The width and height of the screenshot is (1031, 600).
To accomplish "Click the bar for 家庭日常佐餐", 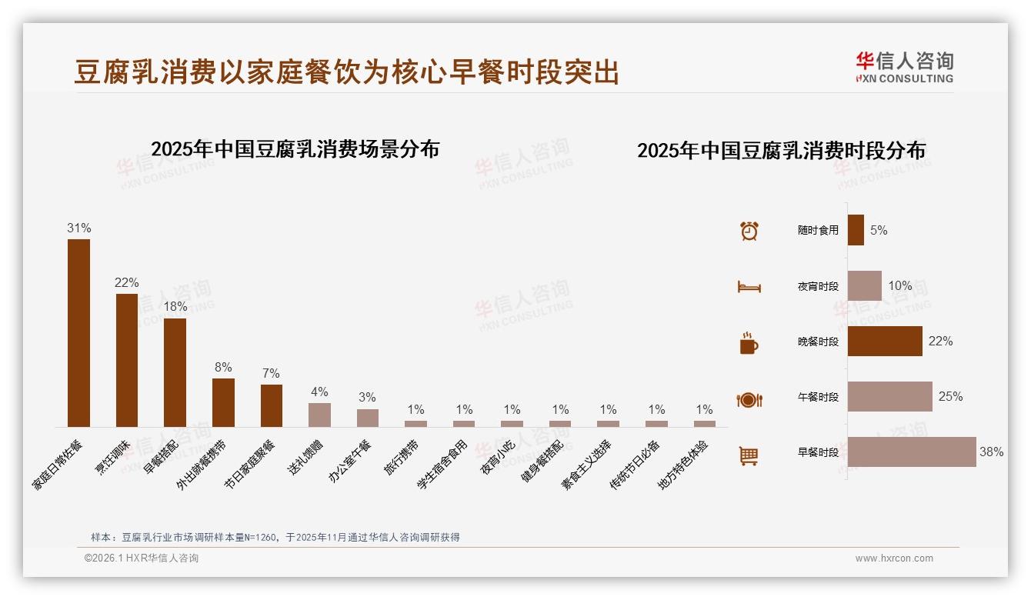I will tap(78, 332).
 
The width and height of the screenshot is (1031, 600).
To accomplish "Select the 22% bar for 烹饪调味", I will tap(127, 360).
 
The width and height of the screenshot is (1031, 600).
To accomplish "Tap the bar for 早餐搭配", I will tap(175, 372).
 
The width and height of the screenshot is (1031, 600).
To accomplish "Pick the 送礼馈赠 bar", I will tap(319, 415).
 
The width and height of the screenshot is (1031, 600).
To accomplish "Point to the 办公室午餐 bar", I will tap(368, 418).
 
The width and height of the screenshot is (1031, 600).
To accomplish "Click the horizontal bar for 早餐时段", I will tap(912, 452).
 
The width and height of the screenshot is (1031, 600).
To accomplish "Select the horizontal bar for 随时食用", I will tap(856, 230).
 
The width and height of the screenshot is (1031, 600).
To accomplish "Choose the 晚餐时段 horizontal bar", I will tap(885, 341).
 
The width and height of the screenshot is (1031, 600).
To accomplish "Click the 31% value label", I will tap(78, 228).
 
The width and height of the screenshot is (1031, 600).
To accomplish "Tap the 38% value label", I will tap(991, 452).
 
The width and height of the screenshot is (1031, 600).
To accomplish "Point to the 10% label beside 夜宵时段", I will tap(899, 286).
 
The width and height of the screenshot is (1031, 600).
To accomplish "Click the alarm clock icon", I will tap(749, 231).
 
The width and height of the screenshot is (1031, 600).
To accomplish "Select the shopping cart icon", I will tap(749, 455).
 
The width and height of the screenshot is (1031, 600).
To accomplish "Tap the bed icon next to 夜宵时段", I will tap(749, 287).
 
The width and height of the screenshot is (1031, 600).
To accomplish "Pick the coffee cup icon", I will tap(749, 343).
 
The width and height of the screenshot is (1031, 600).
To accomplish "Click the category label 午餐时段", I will tap(818, 397).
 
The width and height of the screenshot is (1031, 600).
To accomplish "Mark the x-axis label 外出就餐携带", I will tap(202, 465).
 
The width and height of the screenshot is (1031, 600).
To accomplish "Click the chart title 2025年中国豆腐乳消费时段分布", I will tap(781, 151).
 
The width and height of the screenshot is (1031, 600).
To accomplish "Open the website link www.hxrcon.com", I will tap(894, 558).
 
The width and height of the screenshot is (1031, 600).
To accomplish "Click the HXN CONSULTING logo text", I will tap(904, 78).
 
